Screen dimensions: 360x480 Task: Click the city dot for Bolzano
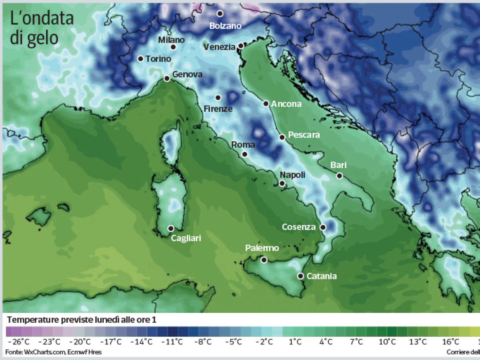pyautogui.click(x=220, y=14)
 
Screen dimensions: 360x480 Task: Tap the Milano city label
pyautogui.click(x=171, y=40)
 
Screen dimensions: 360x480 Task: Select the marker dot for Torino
pyautogui.click(x=141, y=59)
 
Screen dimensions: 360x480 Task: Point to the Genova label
pyautogui.click(x=187, y=74)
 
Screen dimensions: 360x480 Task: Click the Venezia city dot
pyautogui.click(x=241, y=46)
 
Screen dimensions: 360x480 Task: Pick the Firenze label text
pyautogui.click(x=218, y=108)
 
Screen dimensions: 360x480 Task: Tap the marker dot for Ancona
pyautogui.click(x=266, y=104)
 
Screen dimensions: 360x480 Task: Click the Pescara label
pyautogui.click(x=304, y=135)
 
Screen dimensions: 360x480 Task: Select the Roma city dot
pyautogui.click(x=245, y=154)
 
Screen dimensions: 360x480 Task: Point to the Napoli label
pyautogui.click(x=292, y=175)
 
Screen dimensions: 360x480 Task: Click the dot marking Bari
pyautogui.click(x=339, y=176)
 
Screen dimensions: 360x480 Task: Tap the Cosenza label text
pyautogui.click(x=299, y=227)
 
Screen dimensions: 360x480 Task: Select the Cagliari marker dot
pyautogui.click(x=171, y=228)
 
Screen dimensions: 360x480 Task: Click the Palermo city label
pyautogui.click(x=262, y=248)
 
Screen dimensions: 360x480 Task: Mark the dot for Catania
pyautogui.click(x=300, y=276)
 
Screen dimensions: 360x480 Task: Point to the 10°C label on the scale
pyautogui.click(x=387, y=342)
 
